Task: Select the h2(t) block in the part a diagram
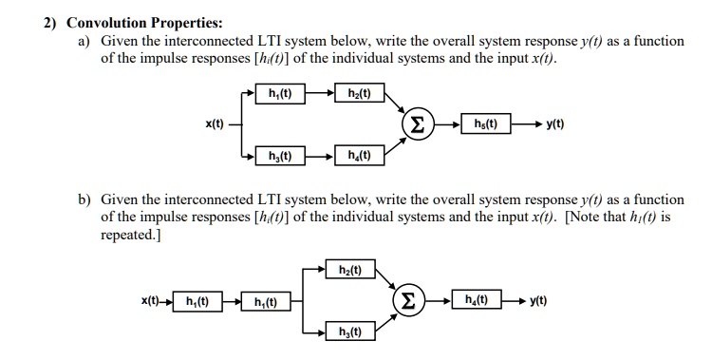tap(359, 93)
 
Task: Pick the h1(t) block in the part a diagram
tap(280, 93)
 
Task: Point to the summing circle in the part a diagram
tap(418, 124)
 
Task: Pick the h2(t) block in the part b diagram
tap(350, 270)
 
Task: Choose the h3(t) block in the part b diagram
tap(350, 332)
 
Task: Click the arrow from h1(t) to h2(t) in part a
tap(319, 93)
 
